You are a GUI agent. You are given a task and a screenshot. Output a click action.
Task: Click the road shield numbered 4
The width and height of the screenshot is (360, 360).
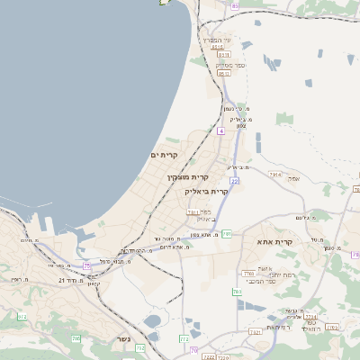(x=220, y=130)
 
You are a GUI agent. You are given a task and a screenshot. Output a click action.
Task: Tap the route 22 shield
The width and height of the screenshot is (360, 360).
(x=234, y=181)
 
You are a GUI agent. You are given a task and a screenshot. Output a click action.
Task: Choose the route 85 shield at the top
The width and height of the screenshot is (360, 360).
(x=235, y=6)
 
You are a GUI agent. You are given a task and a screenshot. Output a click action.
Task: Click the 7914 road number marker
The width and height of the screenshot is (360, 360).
(x=275, y=175)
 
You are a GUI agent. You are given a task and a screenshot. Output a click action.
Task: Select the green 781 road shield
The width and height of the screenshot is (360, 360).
(x=229, y=234)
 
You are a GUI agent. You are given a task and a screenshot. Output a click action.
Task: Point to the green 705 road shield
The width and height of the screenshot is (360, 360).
(x=87, y=265)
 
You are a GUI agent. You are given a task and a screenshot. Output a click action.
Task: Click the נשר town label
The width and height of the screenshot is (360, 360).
(x=122, y=339)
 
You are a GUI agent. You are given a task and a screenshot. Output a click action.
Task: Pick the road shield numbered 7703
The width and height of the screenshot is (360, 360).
(x=248, y=273)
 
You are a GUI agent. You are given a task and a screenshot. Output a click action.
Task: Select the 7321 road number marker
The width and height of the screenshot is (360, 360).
(x=256, y=332)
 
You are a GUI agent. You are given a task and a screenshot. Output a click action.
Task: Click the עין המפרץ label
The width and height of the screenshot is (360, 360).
(x=218, y=39)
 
